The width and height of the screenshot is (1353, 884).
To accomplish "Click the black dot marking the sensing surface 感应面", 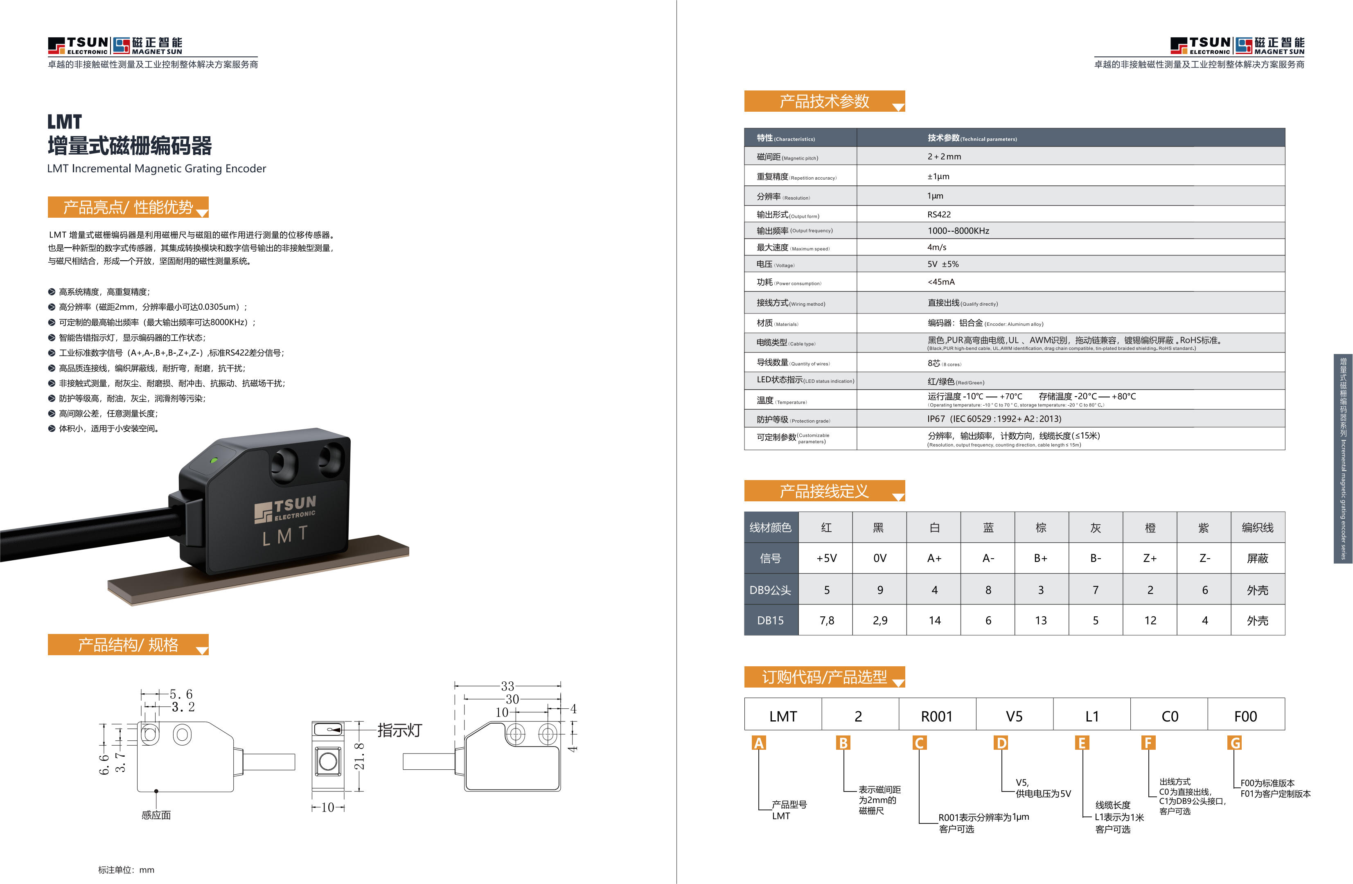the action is pos(156,791).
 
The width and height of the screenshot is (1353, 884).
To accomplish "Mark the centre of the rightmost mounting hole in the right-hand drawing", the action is pos(548,734).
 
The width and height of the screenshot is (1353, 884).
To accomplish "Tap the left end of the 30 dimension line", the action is pos(465,699).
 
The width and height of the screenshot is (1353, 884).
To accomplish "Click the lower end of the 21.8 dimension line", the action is pos(359,790).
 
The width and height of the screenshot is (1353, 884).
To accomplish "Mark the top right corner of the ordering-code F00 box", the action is pos(1284,698).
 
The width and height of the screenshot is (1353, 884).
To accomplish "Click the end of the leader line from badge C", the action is pos(937,823).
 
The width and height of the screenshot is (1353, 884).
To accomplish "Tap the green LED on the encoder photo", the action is pos(214,460).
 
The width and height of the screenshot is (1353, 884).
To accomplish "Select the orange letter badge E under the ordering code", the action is pos(1082,743).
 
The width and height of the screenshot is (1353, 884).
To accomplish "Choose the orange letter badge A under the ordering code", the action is pos(758,743).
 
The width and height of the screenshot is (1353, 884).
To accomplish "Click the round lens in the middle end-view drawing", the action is pos(328,761).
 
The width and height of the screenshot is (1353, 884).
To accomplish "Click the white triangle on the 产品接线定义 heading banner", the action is pos(898,497).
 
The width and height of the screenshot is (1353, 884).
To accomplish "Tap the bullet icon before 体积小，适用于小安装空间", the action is pos(52,428).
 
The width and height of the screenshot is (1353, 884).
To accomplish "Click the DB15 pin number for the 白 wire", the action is pos(935,620).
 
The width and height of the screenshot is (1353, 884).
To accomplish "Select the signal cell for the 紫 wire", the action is pos(1204,558).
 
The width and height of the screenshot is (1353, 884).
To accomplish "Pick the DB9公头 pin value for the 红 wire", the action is pos(827,590).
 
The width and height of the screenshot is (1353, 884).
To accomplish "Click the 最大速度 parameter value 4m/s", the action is pos(937,247).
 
